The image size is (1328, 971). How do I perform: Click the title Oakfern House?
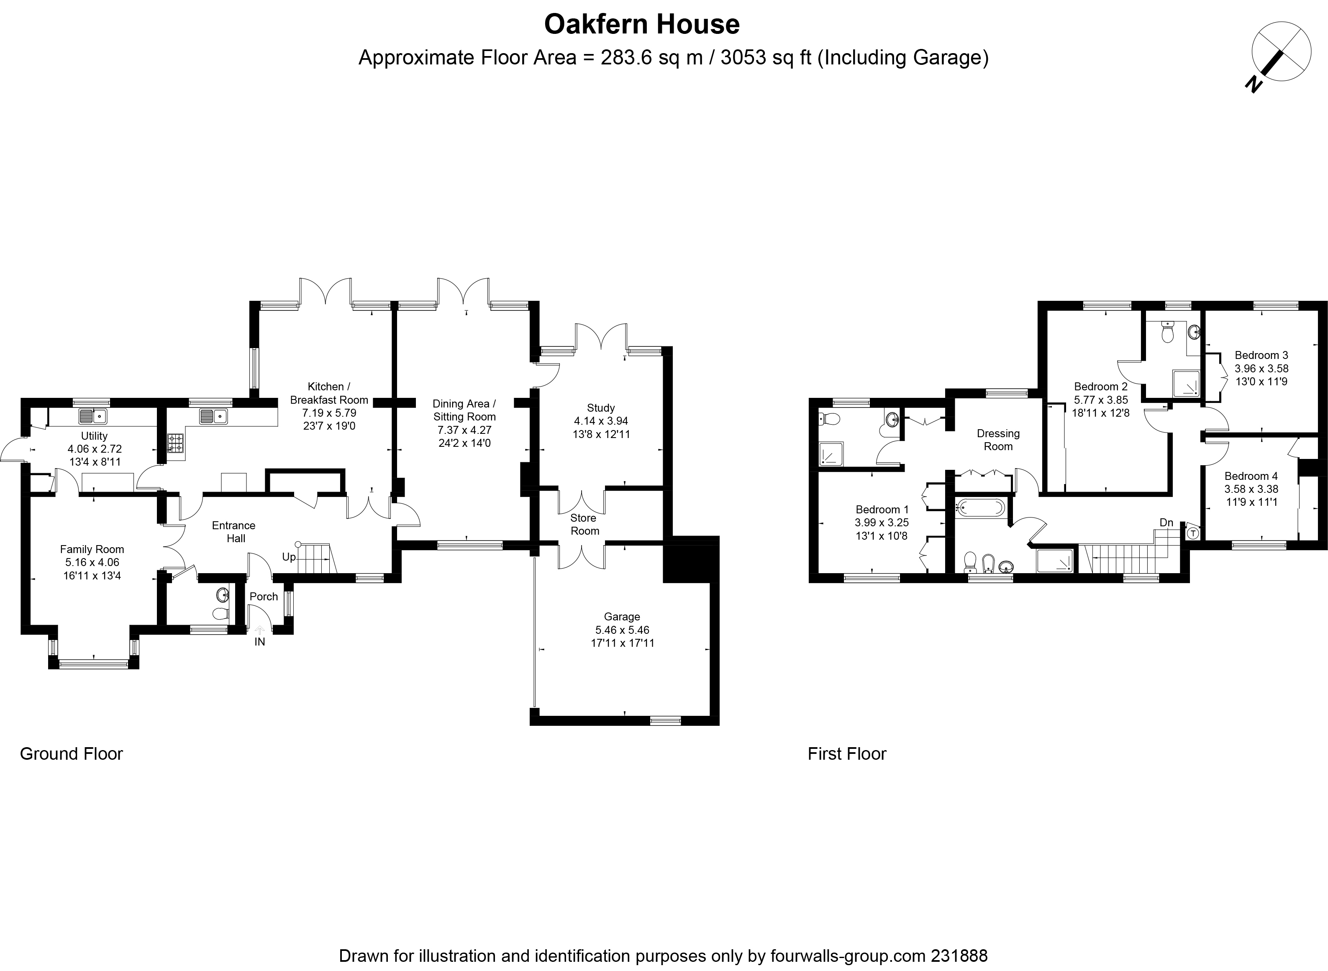pyautogui.click(x=642, y=25)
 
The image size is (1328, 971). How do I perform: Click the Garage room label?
pyautogui.click(x=622, y=617)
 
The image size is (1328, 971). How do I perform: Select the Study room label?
pyautogui.click(x=601, y=408)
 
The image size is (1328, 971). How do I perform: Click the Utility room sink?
pyautogui.click(x=93, y=417)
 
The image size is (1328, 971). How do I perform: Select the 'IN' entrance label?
pyautogui.click(x=259, y=642)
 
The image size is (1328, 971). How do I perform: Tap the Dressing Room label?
pyautogui.click(x=998, y=440)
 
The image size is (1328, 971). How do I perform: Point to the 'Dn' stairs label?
pyautogui.click(x=1166, y=523)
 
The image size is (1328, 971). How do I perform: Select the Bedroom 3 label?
pyautogui.click(x=1261, y=355)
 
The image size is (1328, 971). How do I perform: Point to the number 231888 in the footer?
pyautogui.click(x=959, y=956)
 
